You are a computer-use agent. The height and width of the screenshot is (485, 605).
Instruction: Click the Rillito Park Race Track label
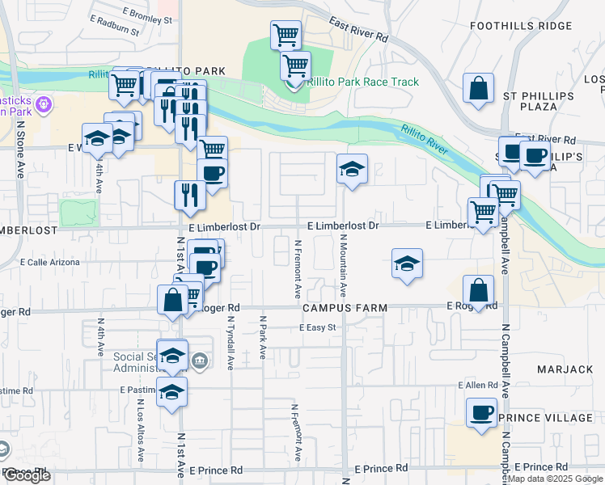pyautogui.click(x=364, y=82)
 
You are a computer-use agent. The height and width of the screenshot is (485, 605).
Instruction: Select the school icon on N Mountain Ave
pyautogui.click(x=352, y=170)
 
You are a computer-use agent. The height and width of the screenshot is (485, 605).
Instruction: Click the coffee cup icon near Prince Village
pyautogui.click(x=482, y=412)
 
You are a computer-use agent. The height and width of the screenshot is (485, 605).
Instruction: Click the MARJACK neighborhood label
pyautogui.click(x=565, y=369)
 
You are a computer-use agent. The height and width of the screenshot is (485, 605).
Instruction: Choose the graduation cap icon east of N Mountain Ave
pyautogui.click(x=407, y=264)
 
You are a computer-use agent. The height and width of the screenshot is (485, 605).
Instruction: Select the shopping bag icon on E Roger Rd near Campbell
pyautogui.click(x=479, y=292)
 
